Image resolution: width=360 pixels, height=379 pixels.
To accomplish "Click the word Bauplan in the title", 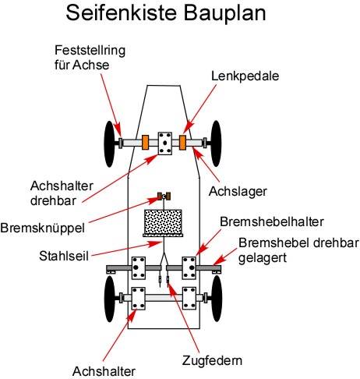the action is pyautogui.click(x=225, y=13).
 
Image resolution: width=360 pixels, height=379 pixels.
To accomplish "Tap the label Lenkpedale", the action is pyautogui.click(x=245, y=76).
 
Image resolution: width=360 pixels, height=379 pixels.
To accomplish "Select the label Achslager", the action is pyautogui.click(x=238, y=192).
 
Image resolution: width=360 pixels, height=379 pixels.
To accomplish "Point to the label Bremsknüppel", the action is pyautogui.click(x=43, y=228).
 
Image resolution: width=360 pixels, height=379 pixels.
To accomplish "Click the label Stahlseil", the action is pyautogui.click(x=64, y=256).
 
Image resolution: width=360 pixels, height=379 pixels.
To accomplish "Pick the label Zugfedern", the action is pyautogui.click(x=212, y=360).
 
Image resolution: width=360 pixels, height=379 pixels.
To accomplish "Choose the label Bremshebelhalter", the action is pyautogui.click(x=272, y=222).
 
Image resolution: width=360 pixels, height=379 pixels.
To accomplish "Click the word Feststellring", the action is pyautogui.click(x=90, y=51).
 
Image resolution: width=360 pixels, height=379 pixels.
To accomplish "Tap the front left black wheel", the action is pyautogui.click(x=109, y=143).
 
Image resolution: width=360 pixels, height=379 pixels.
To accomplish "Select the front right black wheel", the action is pyautogui.click(x=216, y=143).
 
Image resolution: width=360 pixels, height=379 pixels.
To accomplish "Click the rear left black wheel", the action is pyautogui.click(x=110, y=299).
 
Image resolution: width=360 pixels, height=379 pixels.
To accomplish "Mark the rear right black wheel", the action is pyautogui.click(x=217, y=299).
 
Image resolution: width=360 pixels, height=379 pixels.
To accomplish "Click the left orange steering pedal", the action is pyautogui.click(x=145, y=142).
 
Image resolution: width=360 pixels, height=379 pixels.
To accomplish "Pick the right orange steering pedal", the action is pyautogui.click(x=182, y=142).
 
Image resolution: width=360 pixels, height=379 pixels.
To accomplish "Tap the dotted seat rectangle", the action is pyautogui.click(x=163, y=222).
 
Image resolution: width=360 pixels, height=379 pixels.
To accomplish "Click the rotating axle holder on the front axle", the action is pyautogui.click(x=165, y=143).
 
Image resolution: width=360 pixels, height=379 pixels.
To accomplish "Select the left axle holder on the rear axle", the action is pyautogui.click(x=138, y=298).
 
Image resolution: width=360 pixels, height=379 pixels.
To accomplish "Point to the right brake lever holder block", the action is pyautogui.click(x=189, y=268).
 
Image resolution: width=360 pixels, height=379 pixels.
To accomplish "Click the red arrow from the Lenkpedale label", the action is pyautogui.click(x=199, y=109).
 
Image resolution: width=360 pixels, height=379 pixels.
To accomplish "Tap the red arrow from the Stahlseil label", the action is pyautogui.click(x=127, y=249).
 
